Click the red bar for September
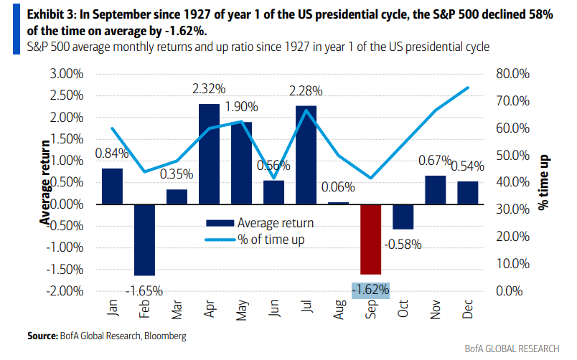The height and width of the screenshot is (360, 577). pyautogui.click(x=371, y=239)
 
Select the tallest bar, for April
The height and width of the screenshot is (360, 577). pyautogui.click(x=209, y=154)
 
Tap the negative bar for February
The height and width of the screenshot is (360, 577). pyautogui.click(x=144, y=240)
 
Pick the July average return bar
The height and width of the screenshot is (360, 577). pyautogui.click(x=306, y=155)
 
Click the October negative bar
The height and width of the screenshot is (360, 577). pyautogui.click(x=403, y=217)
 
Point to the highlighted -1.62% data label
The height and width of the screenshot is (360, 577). pyautogui.click(x=371, y=290)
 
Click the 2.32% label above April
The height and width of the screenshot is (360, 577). pyautogui.click(x=209, y=90)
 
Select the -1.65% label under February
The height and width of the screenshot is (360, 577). pyautogui.click(x=144, y=291)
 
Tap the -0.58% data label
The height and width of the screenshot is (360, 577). pyautogui.click(x=403, y=245)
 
